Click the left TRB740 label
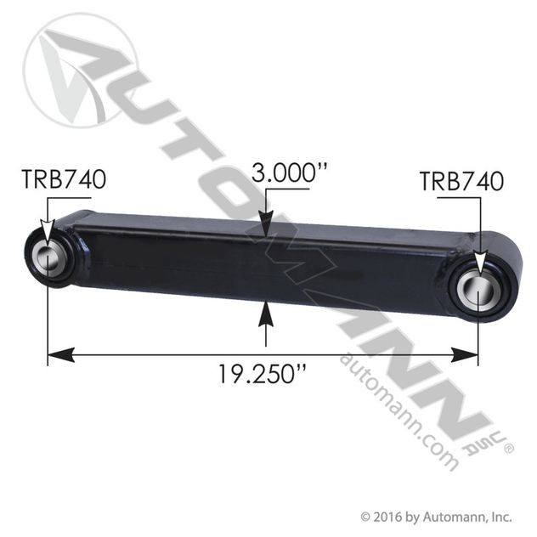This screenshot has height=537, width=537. point(65,180)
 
